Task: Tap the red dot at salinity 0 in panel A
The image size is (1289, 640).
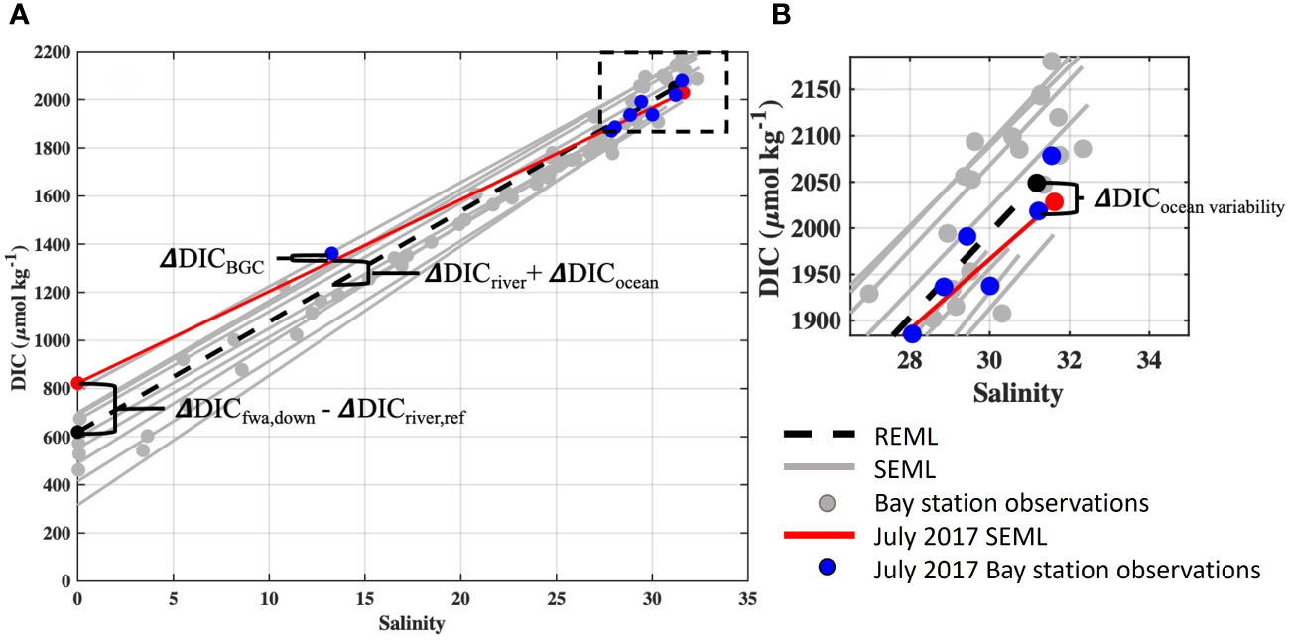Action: [78, 383]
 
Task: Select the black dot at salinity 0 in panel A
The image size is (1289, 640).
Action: [78, 432]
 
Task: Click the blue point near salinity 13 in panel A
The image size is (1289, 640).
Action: [331, 254]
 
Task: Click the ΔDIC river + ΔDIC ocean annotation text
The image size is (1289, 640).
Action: [541, 275]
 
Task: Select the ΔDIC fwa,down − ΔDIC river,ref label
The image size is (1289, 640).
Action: [320, 410]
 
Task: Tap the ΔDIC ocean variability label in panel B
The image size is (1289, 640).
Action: [1189, 201]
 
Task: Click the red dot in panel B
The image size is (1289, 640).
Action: [1054, 201]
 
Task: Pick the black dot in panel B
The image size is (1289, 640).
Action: [1037, 183]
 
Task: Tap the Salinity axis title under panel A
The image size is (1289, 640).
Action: [411, 625]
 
